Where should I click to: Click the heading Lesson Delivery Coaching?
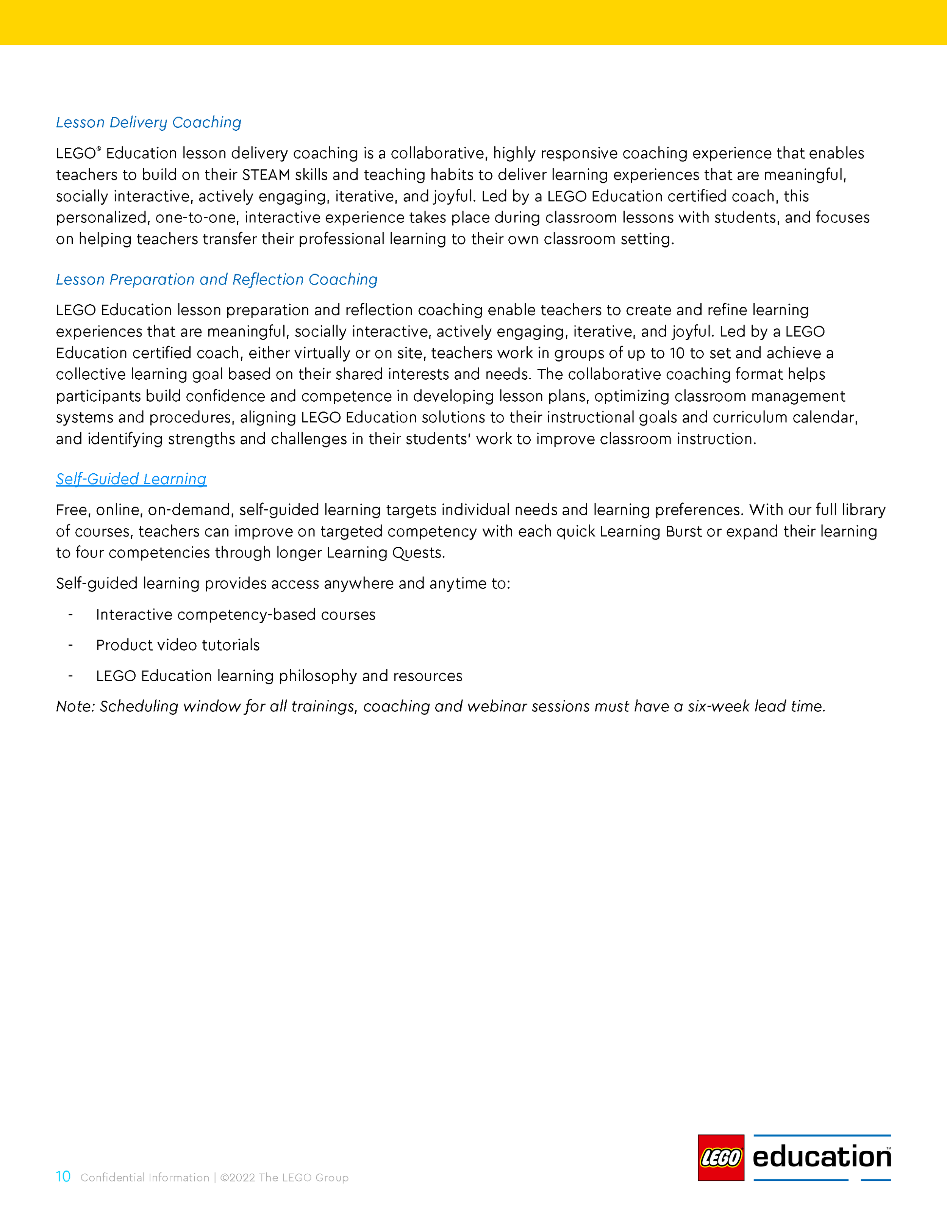click(148, 122)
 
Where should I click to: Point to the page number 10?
click(63, 1177)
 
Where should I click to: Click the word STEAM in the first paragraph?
click(266, 175)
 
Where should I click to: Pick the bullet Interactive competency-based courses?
click(235, 615)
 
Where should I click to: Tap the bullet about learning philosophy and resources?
click(279, 676)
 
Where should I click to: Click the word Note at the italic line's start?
click(75, 706)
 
